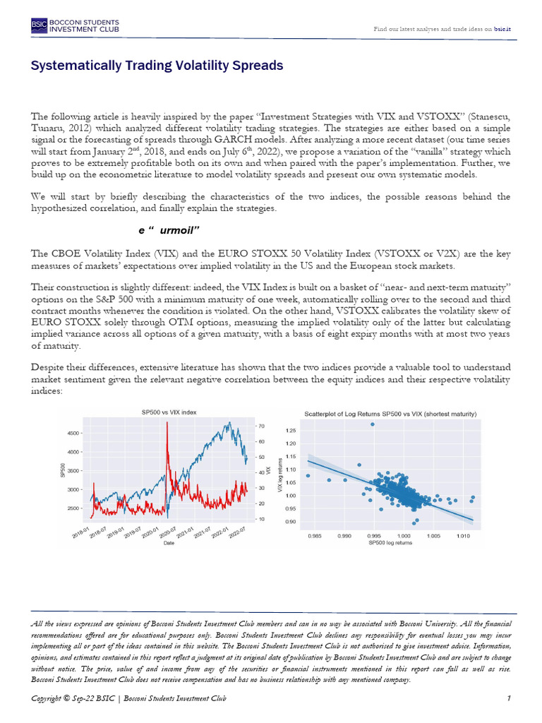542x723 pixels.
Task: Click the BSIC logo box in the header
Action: tap(39, 27)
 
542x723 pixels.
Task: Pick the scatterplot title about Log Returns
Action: tap(390, 413)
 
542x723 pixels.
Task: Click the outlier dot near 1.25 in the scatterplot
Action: tap(372, 424)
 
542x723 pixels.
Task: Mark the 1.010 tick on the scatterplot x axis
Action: tap(457, 536)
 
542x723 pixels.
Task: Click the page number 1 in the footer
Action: tap(508, 698)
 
